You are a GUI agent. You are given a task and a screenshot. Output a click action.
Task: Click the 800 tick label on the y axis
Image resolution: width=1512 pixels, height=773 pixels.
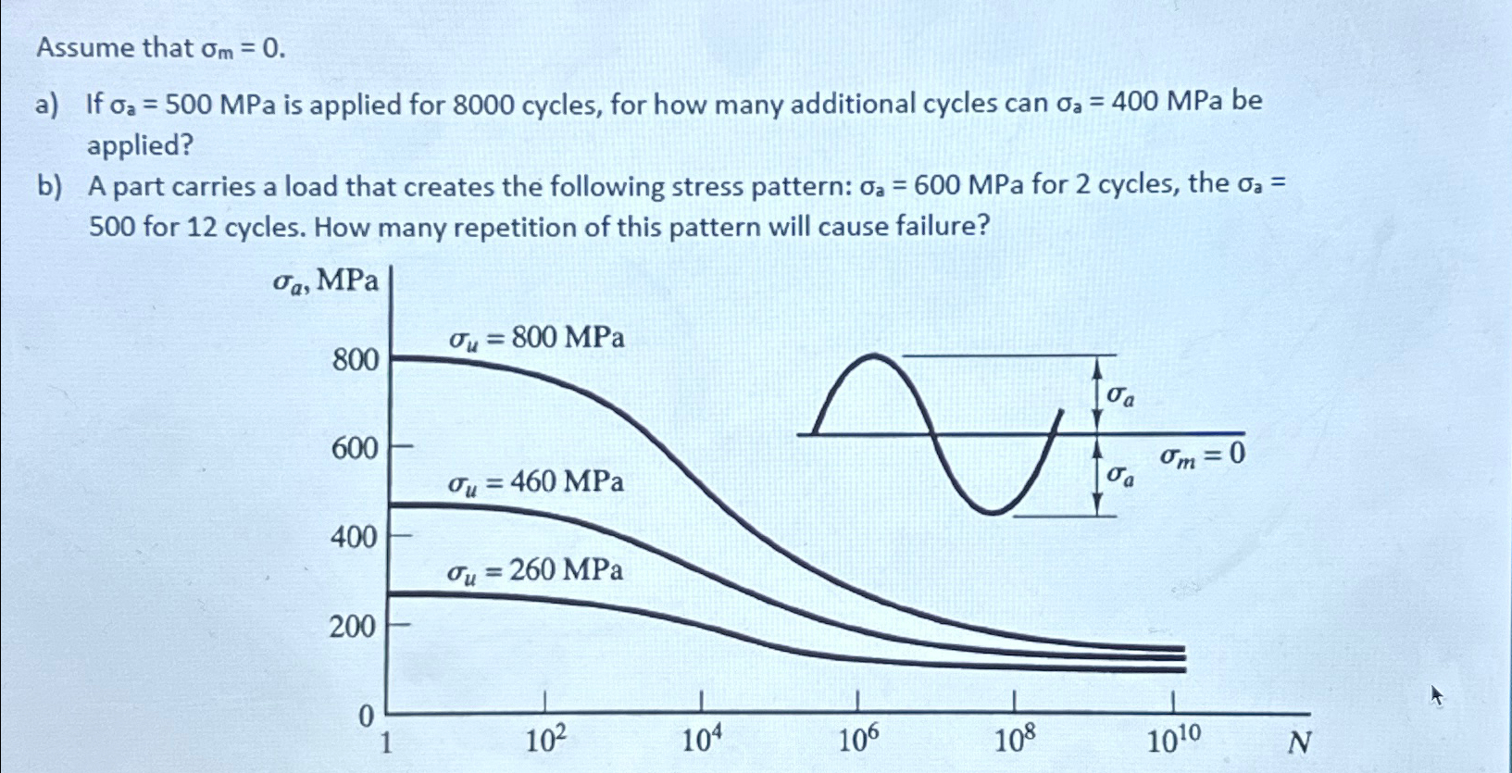(356, 359)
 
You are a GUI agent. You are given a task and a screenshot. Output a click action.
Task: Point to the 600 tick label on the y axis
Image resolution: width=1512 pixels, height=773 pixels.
(356, 449)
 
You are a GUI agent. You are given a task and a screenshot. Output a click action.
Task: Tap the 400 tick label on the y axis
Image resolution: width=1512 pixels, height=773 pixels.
(354, 537)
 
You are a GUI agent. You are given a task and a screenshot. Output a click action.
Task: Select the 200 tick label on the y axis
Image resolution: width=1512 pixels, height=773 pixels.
(352, 627)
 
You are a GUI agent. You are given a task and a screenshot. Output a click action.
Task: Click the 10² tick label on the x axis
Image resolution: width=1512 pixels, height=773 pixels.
(545, 741)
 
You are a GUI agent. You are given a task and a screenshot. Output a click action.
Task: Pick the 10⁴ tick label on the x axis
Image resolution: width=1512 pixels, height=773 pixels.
(701, 741)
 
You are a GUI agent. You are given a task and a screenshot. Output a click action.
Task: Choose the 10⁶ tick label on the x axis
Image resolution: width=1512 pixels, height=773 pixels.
(858, 741)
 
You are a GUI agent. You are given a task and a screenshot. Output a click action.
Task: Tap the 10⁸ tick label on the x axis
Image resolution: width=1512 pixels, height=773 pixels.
(1015, 741)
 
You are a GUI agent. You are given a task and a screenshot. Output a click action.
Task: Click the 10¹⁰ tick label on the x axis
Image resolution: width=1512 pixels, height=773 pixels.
(1174, 741)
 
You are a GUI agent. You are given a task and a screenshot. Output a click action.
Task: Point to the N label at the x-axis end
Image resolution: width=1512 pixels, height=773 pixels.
(1300, 742)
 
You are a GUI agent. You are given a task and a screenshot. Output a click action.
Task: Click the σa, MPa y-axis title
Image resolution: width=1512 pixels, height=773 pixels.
(326, 281)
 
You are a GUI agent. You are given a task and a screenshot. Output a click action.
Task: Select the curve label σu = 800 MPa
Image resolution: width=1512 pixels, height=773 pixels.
(537, 339)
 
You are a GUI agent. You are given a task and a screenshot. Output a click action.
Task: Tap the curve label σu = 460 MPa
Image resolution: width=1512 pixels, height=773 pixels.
(536, 482)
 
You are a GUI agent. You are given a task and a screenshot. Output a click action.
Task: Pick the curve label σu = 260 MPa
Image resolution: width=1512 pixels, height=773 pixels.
(535, 570)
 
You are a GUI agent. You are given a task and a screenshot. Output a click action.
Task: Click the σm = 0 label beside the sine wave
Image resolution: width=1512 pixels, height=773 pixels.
(1203, 455)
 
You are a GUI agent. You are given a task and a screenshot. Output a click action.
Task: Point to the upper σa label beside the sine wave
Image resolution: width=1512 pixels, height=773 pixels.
(1121, 396)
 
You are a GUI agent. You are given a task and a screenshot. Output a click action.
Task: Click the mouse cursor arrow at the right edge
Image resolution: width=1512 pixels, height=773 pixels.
(1436, 694)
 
